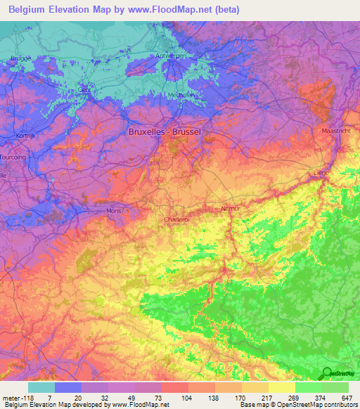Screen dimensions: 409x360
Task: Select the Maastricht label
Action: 335,131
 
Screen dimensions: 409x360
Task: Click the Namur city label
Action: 231,209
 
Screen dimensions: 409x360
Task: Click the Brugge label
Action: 22,58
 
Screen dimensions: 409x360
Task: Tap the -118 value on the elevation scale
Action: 28,397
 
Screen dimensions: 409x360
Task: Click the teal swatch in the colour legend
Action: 41,387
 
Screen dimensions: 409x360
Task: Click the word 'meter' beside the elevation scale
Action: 11,397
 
